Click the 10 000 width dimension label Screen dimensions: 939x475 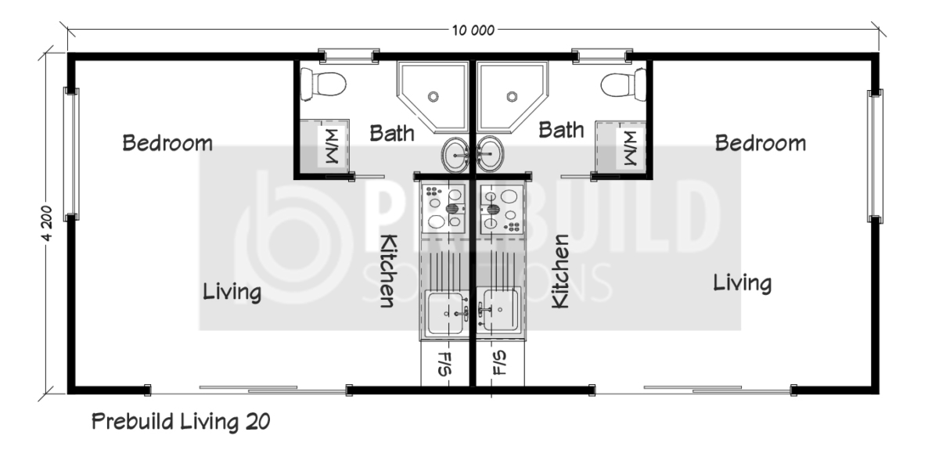pos(473,31)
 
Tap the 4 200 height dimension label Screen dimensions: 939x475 pos(47,224)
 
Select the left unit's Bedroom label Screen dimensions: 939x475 pos(167,143)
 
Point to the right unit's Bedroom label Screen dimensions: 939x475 pos(761,143)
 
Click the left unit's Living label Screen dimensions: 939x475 pos(232,291)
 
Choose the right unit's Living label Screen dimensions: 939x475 pos(743,282)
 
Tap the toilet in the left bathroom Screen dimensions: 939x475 pos(323,85)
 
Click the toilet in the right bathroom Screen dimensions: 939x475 pos(624,85)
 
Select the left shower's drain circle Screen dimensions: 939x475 pos(433,97)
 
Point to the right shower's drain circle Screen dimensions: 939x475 pos(512,97)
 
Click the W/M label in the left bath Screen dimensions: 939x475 pos(332,146)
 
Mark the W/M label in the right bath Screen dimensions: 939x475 pos(630,148)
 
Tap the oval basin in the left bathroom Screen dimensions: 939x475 pos(455,154)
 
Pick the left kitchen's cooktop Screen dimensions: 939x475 pos(444,208)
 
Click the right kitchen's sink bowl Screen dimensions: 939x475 pos(499,310)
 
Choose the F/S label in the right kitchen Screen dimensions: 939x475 pos(499,363)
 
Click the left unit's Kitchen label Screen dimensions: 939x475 pos(388,271)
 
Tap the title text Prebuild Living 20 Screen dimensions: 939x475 pos(181,421)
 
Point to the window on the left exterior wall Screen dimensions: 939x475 pos(71,154)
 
